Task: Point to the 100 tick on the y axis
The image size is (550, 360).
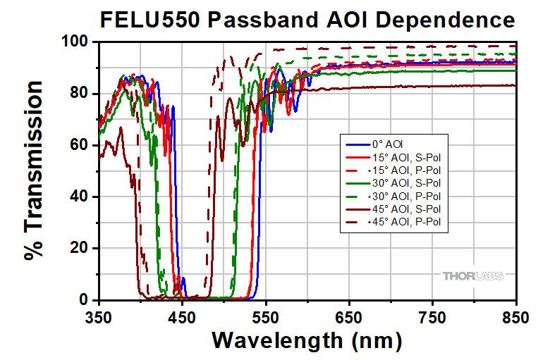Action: pos(75,42)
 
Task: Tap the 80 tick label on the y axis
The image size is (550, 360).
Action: pos(79,94)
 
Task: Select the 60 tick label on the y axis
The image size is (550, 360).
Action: pos(79,145)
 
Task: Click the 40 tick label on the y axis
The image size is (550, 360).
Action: pos(79,197)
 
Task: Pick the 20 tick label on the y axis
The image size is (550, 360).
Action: pos(79,249)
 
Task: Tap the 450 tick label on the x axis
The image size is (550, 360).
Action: pos(183,318)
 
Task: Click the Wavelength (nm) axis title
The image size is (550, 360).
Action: pos(307,340)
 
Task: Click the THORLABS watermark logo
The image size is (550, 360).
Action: pos(472,275)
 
